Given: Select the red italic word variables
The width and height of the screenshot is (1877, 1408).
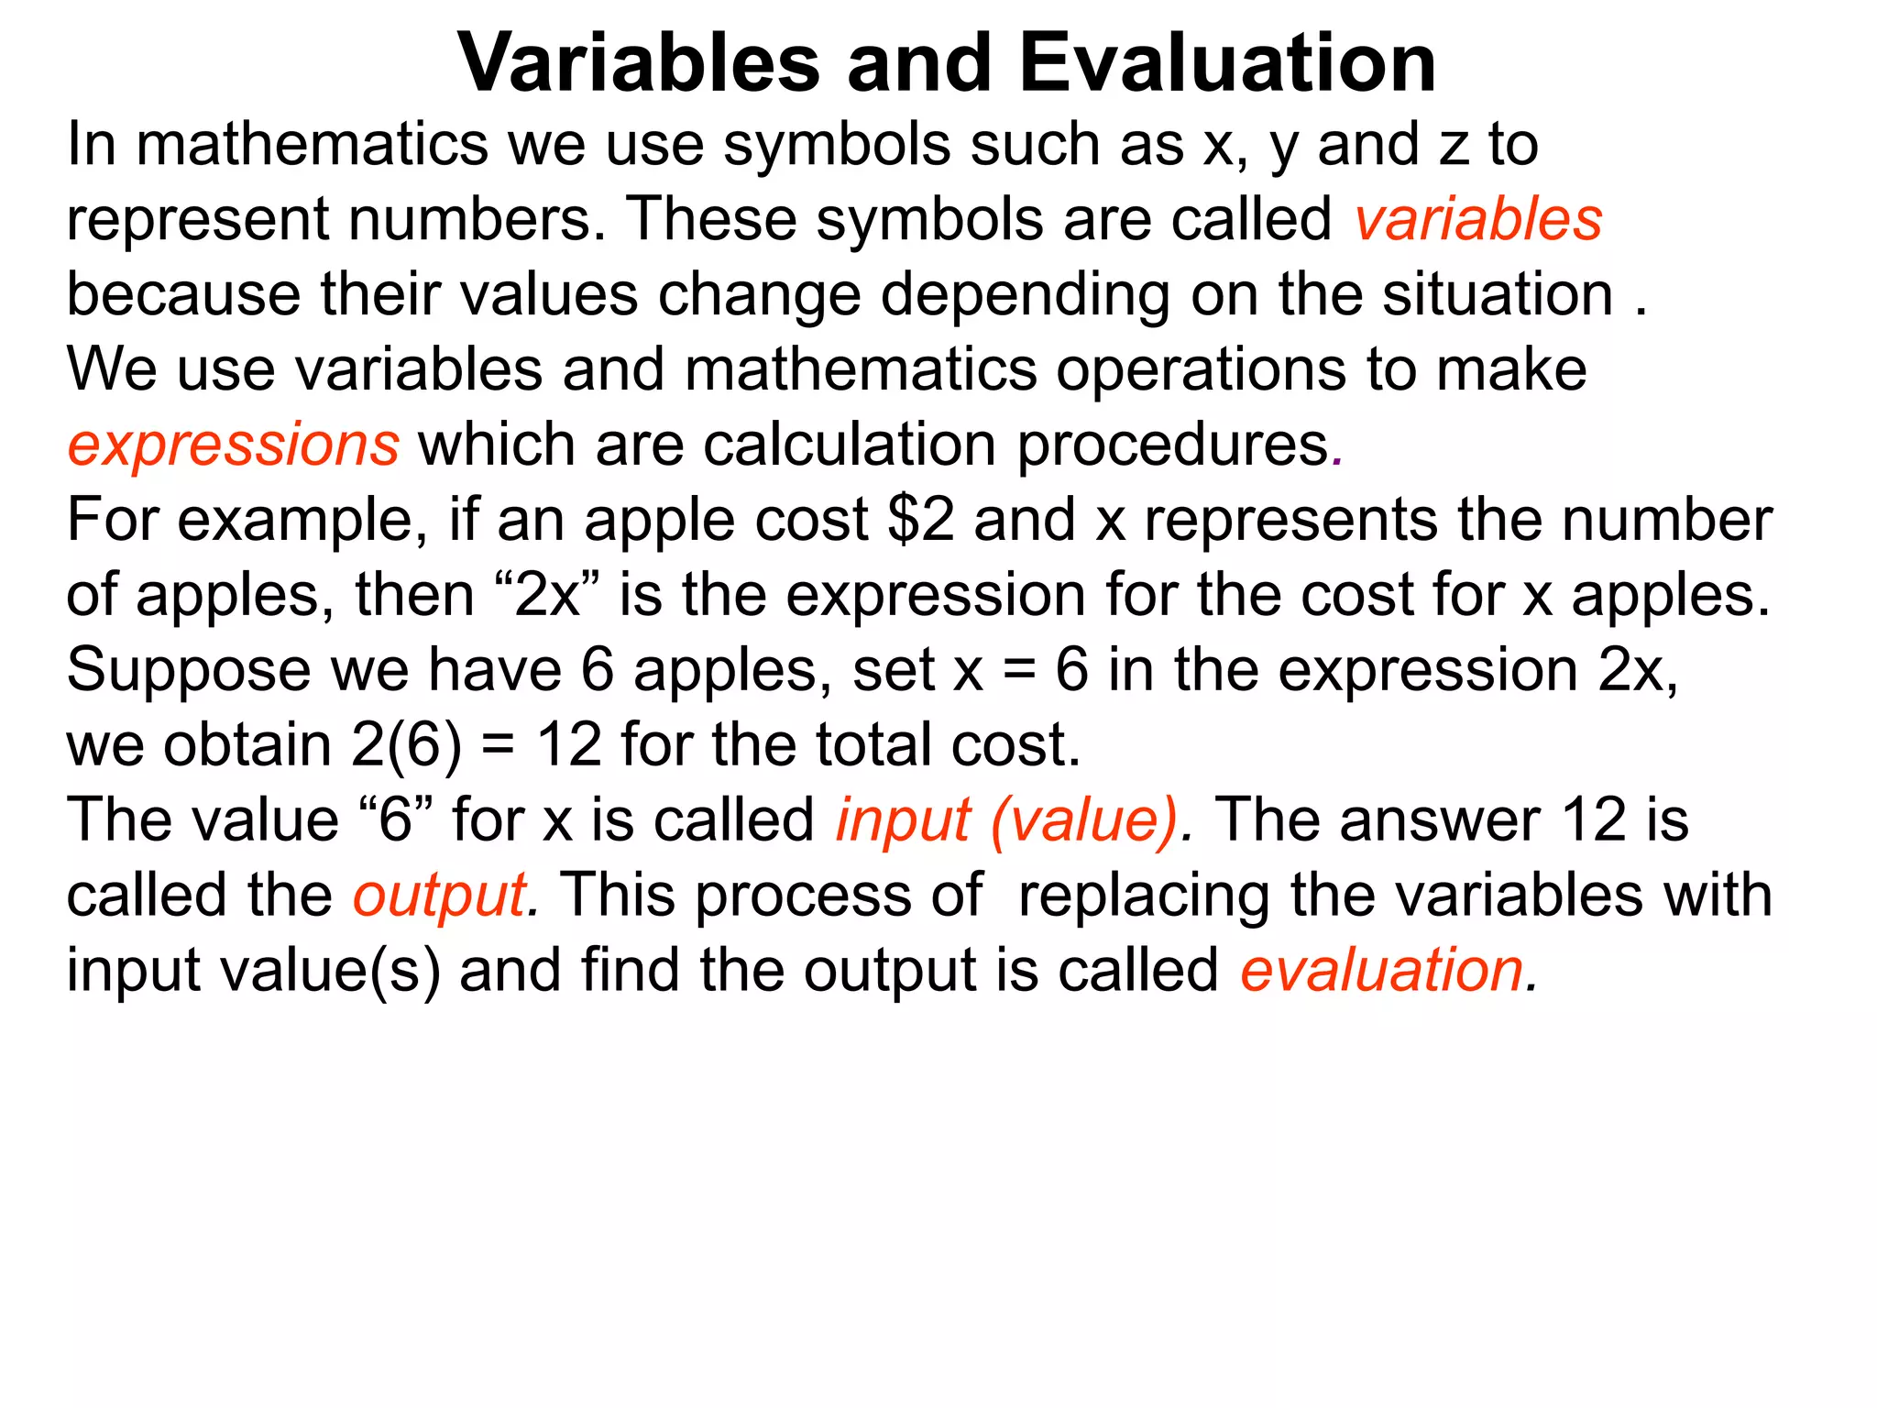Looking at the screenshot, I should (x=1478, y=220).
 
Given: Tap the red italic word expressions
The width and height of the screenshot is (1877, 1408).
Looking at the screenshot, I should (x=233, y=445).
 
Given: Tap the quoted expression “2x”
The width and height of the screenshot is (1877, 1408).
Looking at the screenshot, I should (x=549, y=595).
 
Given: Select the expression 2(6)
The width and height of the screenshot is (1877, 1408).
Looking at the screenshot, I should (x=406, y=744).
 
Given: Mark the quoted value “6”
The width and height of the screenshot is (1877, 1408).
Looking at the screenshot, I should (x=396, y=819).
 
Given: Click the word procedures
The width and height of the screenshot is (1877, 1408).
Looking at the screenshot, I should (x=1173, y=446).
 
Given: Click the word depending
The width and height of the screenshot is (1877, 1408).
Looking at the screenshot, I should (x=1025, y=297).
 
